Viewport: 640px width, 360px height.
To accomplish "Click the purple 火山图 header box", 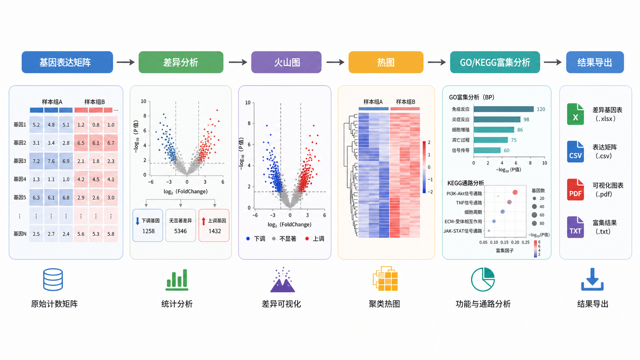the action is click(x=286, y=62).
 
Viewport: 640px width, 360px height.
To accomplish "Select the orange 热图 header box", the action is click(x=386, y=62).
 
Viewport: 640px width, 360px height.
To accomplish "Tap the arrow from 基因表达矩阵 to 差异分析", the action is click(x=126, y=62).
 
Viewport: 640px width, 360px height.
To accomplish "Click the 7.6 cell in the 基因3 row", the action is click(x=51, y=161).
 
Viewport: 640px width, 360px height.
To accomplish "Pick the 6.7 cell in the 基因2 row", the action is click(x=111, y=143).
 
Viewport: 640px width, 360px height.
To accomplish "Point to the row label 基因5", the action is click(x=20, y=197).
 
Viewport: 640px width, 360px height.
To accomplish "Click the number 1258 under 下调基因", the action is click(x=148, y=231).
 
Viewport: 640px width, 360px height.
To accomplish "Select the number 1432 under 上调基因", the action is click(x=215, y=231).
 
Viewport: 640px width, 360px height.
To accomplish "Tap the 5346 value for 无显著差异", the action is click(x=180, y=231).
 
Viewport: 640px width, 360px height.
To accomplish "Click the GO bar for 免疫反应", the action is click(x=503, y=109).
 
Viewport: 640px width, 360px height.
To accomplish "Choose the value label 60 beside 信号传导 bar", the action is click(x=506, y=150).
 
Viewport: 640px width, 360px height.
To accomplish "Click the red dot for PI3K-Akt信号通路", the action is click(x=515, y=192).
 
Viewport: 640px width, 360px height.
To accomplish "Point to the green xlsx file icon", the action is click(x=575, y=114).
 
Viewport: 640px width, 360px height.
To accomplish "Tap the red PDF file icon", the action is click(x=575, y=189).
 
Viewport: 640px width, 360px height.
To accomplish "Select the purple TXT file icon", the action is click(x=575, y=227).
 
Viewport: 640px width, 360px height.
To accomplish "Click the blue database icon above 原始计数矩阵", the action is click(x=53, y=280).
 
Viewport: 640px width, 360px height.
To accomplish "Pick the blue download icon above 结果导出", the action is click(x=592, y=279).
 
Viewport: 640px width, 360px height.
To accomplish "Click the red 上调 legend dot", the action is click(x=307, y=239).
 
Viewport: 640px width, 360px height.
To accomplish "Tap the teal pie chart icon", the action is click(x=483, y=280).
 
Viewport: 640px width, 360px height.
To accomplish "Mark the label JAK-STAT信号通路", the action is click(x=462, y=231).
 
